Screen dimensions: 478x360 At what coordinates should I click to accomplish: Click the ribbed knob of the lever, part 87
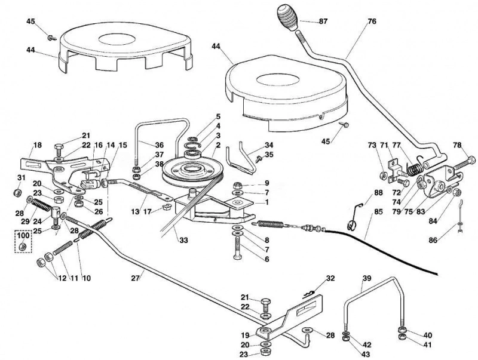click(287, 18)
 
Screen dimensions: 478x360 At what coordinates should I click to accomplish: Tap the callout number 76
click(372, 21)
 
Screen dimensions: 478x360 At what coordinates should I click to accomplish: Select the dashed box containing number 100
click(23, 241)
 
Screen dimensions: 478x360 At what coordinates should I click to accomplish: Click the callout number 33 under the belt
click(183, 241)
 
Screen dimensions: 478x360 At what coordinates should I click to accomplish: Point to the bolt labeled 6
click(237, 248)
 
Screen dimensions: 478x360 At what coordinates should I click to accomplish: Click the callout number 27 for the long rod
click(136, 278)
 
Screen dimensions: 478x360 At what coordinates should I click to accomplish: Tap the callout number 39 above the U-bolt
click(367, 278)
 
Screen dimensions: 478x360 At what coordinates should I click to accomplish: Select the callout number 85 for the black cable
click(378, 211)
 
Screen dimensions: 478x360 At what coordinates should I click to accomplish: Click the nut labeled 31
click(18, 192)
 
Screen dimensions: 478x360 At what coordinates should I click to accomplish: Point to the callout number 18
click(37, 145)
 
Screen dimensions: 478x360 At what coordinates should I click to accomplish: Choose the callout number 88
click(378, 193)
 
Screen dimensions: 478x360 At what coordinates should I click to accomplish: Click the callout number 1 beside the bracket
click(267, 202)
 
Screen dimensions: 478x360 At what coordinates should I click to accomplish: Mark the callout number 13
click(135, 211)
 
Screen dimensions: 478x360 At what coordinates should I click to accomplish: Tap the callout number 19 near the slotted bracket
click(246, 336)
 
